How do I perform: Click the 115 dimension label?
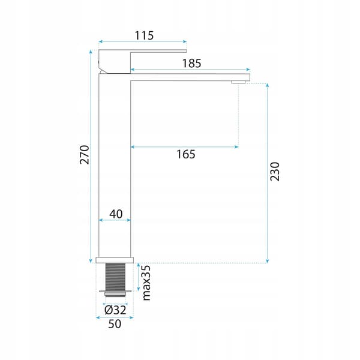(x=144, y=35)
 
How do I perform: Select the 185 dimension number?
(x=191, y=64)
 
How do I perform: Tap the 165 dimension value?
(x=186, y=154)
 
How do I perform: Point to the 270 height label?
(x=84, y=155)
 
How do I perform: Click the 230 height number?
(x=275, y=172)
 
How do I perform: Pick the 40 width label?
(x=116, y=214)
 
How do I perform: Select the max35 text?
(x=146, y=283)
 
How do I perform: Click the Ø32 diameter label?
(x=115, y=310)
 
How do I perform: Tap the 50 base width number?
(x=115, y=324)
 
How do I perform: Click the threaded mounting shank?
(x=115, y=277)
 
